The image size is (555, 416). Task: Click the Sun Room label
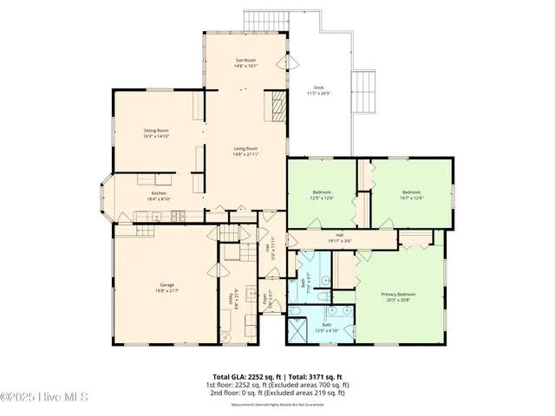coord(245,62)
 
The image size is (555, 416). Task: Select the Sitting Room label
coord(156,133)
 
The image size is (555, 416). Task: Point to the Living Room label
coord(245,151)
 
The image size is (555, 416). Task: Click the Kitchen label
coord(159,195)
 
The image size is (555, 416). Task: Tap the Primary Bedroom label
coord(400,296)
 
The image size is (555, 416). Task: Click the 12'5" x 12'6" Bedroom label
coord(323,194)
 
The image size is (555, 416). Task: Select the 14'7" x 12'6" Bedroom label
coord(411,194)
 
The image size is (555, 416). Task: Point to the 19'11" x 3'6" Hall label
coord(339,237)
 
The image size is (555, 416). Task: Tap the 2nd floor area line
coord(277,393)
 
